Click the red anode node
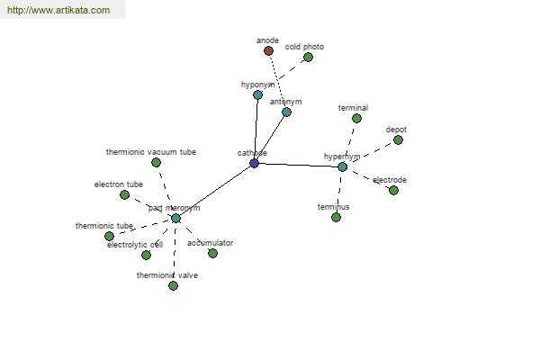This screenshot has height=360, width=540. [x=268, y=51]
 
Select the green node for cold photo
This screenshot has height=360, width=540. [x=308, y=58]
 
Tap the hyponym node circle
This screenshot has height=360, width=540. [x=257, y=94]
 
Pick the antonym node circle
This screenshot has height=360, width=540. [x=286, y=112]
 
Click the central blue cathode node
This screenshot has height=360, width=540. [x=254, y=163]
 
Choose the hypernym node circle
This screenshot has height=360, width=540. [x=342, y=166]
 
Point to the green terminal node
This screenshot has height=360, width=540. [x=356, y=118]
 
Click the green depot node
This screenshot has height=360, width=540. [x=398, y=139]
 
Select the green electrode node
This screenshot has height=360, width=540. [x=393, y=190]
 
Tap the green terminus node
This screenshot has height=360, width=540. [x=336, y=217]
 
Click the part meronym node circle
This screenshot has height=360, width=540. [x=175, y=218]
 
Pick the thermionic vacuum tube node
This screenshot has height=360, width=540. [x=156, y=163]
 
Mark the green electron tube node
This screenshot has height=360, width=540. [x=124, y=194]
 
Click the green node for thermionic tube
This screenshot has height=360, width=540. [x=109, y=236]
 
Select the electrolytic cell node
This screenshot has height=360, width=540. [x=146, y=255]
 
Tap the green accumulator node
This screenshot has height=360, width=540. [x=212, y=253]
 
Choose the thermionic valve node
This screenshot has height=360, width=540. [x=173, y=285]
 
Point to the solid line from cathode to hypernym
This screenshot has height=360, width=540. [x=298, y=165]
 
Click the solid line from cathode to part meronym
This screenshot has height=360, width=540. [x=215, y=191]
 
